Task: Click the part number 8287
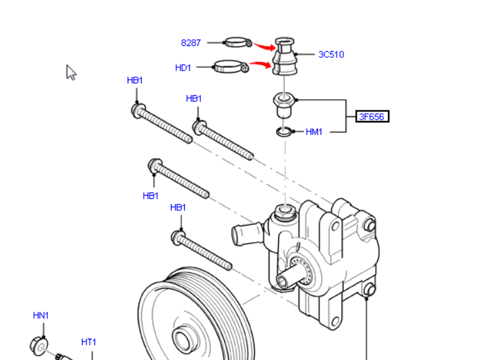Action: pos(191,43)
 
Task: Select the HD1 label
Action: pos(183,68)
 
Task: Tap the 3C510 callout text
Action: pos(331,55)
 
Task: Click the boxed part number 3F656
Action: pos(371,116)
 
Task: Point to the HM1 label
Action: pos(314,132)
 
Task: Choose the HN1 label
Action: pos(41,315)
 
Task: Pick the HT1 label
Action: pos(88,342)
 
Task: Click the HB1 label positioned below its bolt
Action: pos(151,196)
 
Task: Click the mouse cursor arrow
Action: pos(71,72)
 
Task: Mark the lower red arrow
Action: pos(261,65)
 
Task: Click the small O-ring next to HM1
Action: pos(285,132)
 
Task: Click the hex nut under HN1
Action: pos(39,345)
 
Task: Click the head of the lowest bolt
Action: pos(178,236)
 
